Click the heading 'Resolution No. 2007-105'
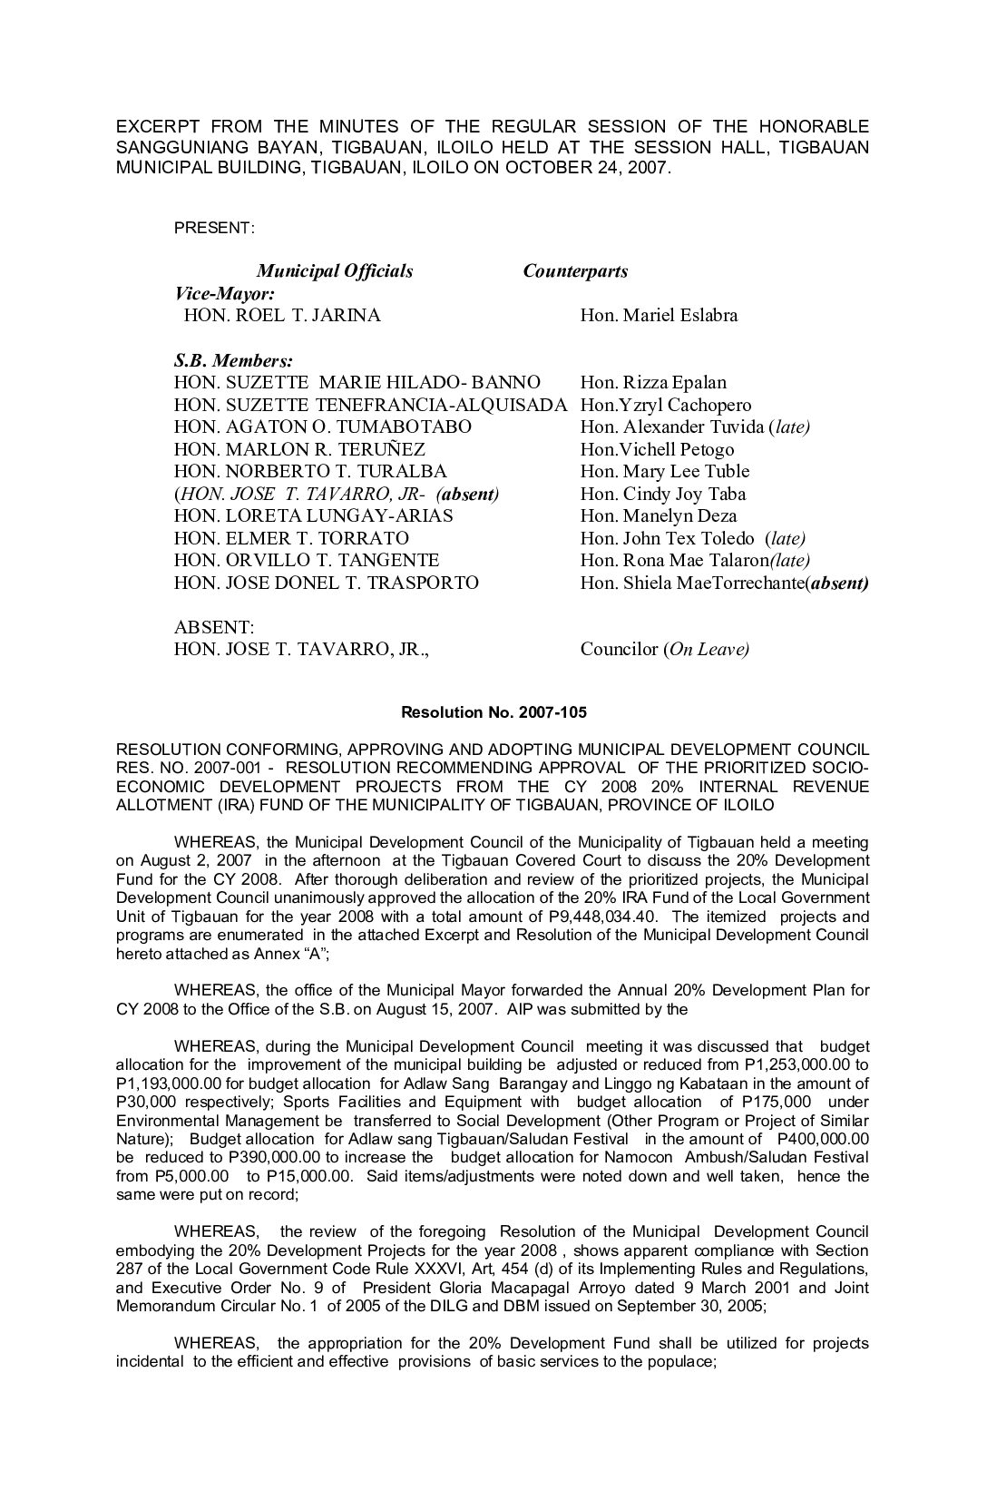pyautogui.click(x=493, y=712)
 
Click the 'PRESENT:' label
pyautogui.click(x=214, y=228)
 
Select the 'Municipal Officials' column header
pyautogui.click(x=335, y=271)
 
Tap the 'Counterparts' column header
pyautogui.click(x=575, y=271)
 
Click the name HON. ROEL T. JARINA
pyautogui.click(x=282, y=316)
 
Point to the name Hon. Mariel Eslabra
pyautogui.click(x=659, y=316)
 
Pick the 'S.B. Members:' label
pyautogui.click(x=233, y=360)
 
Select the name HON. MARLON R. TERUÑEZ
pyautogui.click(x=299, y=449)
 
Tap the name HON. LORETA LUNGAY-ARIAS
pyautogui.click(x=313, y=515)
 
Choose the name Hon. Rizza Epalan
pyautogui.click(x=653, y=382)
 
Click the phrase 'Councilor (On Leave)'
pyautogui.click(x=664, y=650)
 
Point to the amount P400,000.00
pyautogui.click(x=819, y=1139)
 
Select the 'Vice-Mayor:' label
pyautogui.click(x=224, y=294)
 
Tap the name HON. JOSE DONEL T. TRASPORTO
pyautogui.click(x=326, y=583)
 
